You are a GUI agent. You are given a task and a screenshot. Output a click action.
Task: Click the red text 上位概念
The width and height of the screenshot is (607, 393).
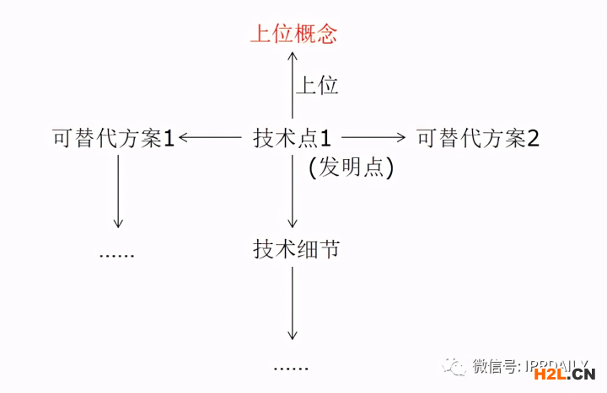click(293, 34)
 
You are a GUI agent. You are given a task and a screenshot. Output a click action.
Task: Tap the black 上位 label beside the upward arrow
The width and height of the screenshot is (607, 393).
click(317, 85)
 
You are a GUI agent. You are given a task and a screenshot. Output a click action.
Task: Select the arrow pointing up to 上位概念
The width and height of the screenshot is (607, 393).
click(292, 84)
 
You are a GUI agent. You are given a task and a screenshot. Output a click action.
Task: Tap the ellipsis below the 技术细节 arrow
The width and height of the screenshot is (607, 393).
click(291, 367)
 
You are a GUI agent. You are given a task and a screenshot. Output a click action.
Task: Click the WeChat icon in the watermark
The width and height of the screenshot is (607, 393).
click(456, 366)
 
